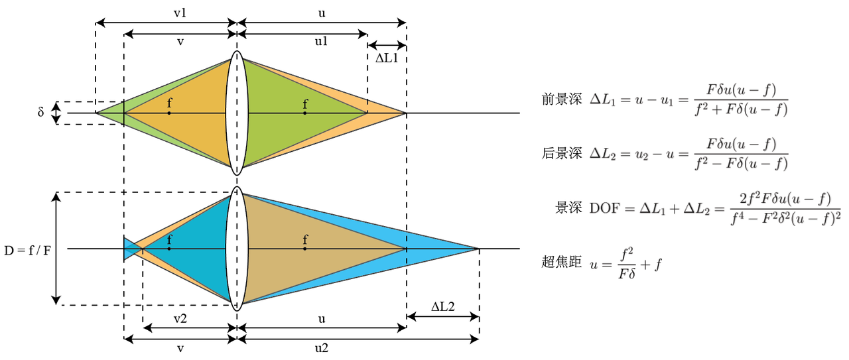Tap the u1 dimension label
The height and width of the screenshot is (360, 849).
[x=321, y=42]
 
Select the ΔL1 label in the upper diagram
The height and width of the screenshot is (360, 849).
[x=387, y=58]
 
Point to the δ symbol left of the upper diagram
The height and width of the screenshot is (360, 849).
[x=41, y=113]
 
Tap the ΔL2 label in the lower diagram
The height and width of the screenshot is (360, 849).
[x=443, y=306]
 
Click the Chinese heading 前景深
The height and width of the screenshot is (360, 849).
[x=561, y=100]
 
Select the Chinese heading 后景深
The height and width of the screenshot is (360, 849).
[x=561, y=154]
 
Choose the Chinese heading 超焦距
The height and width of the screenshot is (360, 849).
[x=561, y=262]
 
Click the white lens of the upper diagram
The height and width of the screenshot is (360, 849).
[x=237, y=113]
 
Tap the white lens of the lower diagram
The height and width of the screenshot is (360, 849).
[x=237, y=249]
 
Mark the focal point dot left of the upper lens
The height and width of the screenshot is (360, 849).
[x=169, y=113]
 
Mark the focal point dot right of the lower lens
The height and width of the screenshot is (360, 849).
[x=305, y=249]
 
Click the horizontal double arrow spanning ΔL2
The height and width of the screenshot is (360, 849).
[x=443, y=317]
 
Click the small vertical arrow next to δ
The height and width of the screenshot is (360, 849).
[x=57, y=113]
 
